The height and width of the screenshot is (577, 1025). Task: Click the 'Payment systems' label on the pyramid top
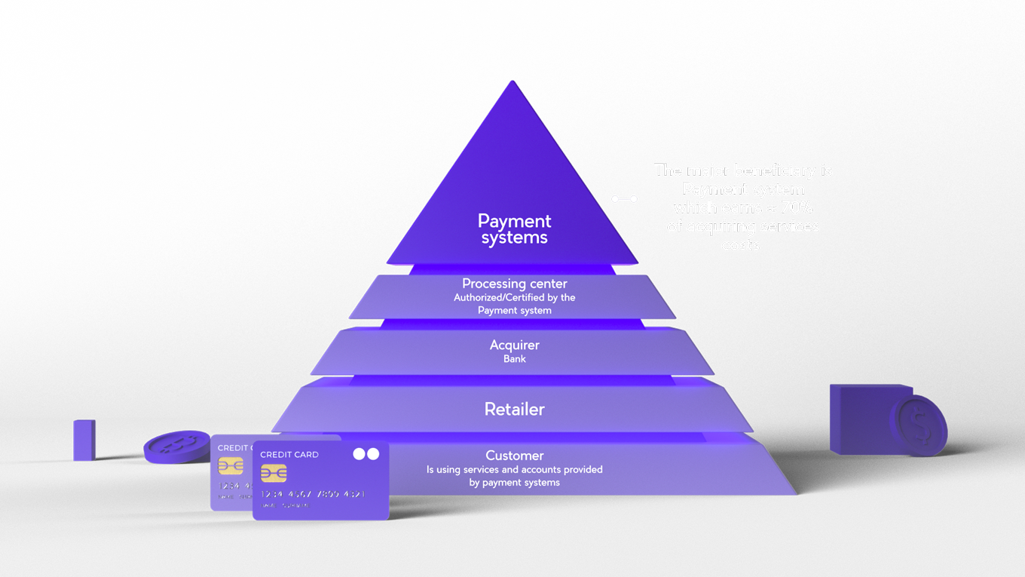(515, 229)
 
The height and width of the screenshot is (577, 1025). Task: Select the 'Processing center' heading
(515, 284)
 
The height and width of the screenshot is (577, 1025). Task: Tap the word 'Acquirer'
(515, 345)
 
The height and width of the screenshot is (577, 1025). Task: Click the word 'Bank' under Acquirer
(515, 359)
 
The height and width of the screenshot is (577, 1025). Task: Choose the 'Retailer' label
(515, 410)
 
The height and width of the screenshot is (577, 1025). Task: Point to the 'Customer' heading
(515, 456)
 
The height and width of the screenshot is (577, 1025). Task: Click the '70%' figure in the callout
(797, 207)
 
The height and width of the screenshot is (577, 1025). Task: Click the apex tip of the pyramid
(512, 82)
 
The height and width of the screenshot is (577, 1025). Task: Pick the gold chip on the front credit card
(274, 473)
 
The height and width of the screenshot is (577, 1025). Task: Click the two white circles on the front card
(366, 454)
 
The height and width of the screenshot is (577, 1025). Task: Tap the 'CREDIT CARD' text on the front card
(289, 455)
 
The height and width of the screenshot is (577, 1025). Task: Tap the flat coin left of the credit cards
(176, 446)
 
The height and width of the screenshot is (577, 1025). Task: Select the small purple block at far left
(84, 440)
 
